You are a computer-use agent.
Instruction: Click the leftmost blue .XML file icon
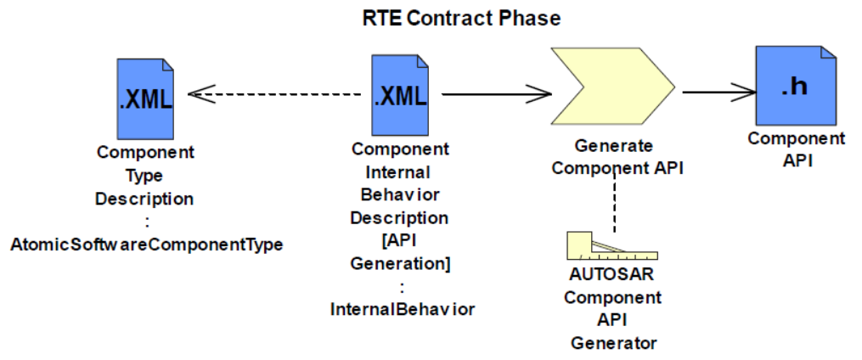145,98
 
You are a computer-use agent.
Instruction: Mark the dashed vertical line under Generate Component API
614,204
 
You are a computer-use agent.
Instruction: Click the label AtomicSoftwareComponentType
146,245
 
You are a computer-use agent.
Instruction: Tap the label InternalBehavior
402,310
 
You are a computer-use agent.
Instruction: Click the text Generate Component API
617,157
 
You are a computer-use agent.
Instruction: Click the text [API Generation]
401,253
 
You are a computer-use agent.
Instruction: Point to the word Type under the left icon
145,176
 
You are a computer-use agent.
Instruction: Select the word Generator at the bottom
613,343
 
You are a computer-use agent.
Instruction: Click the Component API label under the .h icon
796,149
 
